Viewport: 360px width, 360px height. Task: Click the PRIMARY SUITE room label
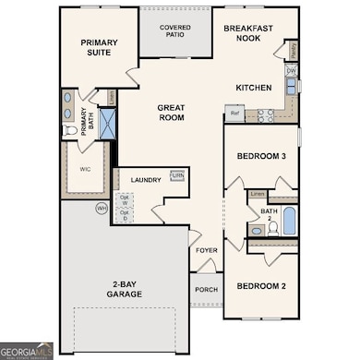point(99,47)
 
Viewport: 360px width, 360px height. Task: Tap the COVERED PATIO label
point(174,32)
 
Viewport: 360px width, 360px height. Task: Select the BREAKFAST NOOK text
point(248,34)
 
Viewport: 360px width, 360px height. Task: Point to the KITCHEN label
point(253,88)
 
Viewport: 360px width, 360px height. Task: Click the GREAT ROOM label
point(170,113)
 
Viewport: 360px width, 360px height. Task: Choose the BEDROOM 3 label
point(260,157)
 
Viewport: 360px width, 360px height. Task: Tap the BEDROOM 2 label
point(260,287)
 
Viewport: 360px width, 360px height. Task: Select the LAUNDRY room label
point(146,180)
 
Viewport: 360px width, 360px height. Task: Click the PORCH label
point(206,289)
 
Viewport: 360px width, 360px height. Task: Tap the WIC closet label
point(85,169)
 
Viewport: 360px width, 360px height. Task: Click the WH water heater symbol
point(102,209)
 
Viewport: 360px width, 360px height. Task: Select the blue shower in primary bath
point(107,124)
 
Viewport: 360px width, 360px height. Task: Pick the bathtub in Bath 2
point(289,222)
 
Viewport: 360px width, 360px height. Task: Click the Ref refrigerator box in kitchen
point(234,114)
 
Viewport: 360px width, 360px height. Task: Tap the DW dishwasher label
point(291,71)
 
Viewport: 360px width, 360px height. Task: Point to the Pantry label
point(292,49)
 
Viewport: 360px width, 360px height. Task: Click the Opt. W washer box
point(126,199)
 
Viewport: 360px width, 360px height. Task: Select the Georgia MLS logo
point(27,351)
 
